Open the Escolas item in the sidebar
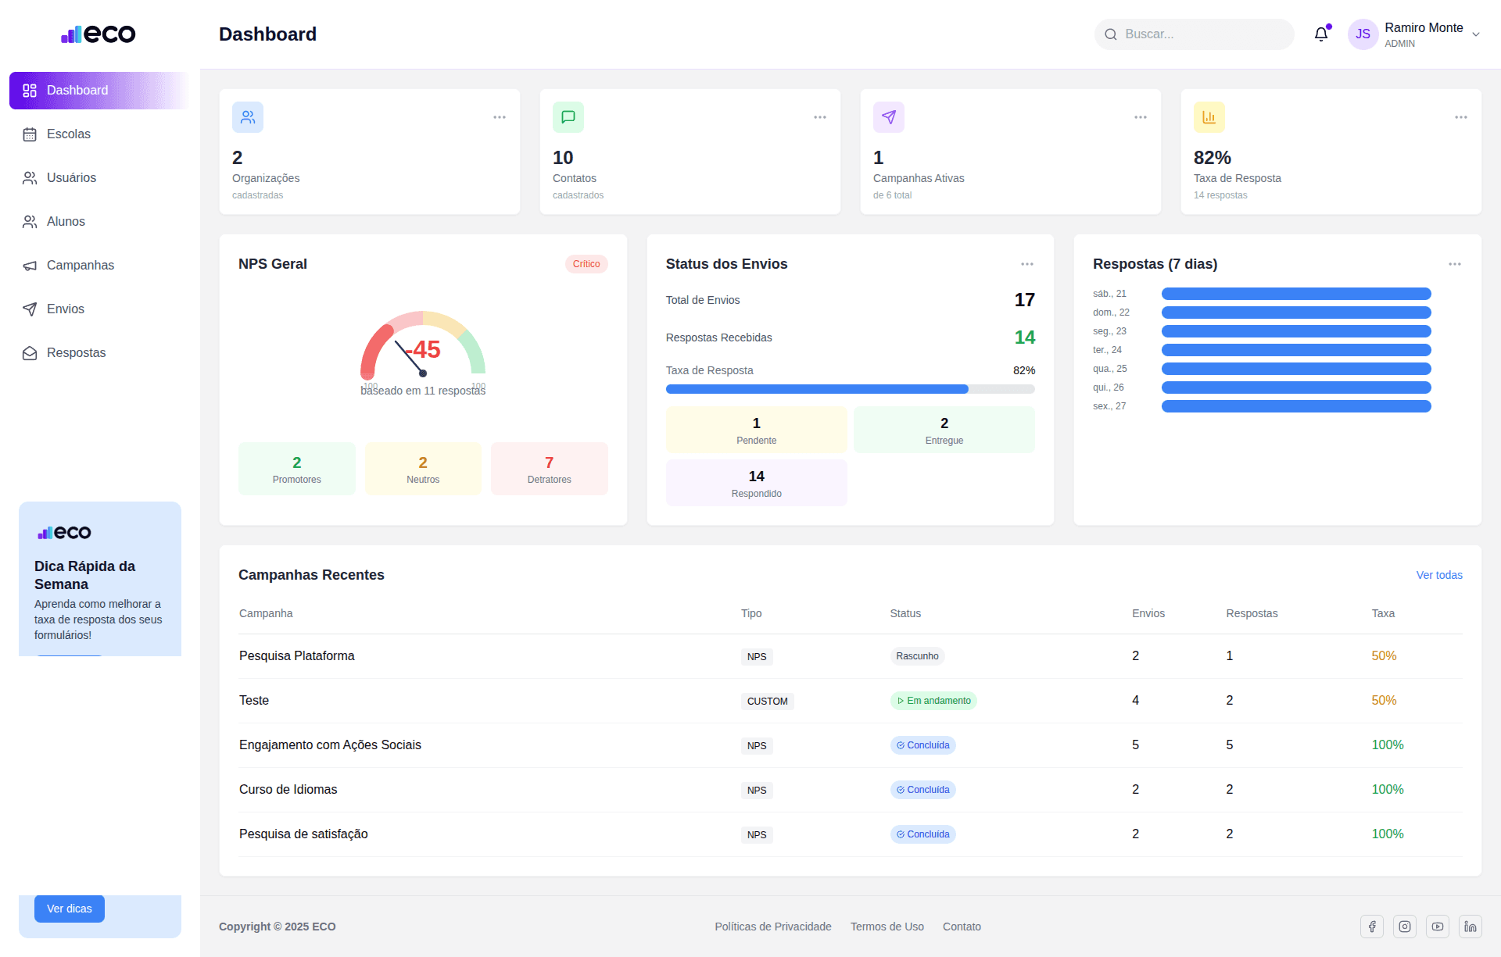pos(68,134)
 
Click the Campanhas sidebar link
pos(80,266)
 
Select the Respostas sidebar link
pos(76,353)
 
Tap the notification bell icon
pos(1320,34)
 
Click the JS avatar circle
pos(1363,34)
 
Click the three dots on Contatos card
pos(819,117)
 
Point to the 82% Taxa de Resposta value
pos(1212,158)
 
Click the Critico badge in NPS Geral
pos(586,264)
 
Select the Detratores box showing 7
pos(549,469)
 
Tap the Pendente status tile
pos(756,430)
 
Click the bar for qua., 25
pos(1295,369)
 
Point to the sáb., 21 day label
pos(1109,294)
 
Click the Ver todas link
pos(1438,575)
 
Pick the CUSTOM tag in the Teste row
pos(767,702)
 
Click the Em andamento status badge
pos(933,701)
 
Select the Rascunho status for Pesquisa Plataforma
pos(916,656)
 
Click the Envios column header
pos(1148,613)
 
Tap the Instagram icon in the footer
pos(1404,927)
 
